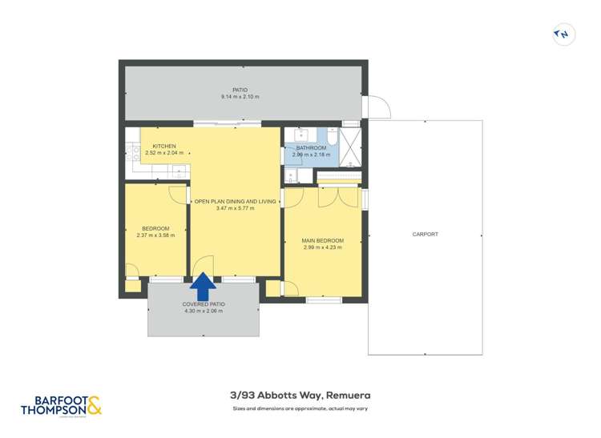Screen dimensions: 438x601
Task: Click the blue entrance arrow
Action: point(204,285)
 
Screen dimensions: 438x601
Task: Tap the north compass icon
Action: point(563,34)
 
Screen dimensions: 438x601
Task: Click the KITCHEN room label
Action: point(163,146)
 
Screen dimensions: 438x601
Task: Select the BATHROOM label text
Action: point(311,148)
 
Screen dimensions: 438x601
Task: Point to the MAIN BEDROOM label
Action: point(322,241)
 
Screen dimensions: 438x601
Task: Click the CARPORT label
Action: point(425,235)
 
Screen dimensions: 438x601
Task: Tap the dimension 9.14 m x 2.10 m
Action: point(240,97)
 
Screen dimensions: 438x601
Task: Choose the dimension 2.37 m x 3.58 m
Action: point(155,235)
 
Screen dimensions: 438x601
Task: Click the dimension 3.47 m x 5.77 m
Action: point(235,208)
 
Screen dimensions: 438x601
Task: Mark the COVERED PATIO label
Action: point(203,304)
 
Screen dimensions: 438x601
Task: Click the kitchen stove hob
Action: point(132,151)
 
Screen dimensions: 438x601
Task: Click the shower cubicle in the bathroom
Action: point(351,147)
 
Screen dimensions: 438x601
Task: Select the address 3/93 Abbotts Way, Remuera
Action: point(300,396)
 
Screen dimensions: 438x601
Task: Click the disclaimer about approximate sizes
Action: point(300,409)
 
